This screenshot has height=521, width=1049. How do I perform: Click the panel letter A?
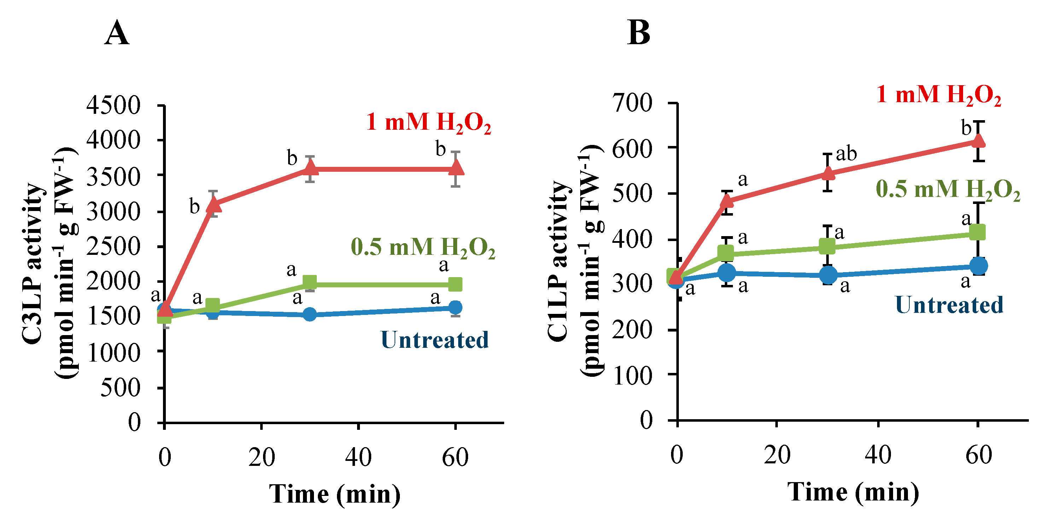117,33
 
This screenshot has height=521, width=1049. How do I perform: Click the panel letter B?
639,33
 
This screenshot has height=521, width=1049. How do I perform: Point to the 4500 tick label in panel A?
113,105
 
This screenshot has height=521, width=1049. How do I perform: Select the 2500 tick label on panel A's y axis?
113,246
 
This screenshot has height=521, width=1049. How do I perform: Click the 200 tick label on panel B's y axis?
633,330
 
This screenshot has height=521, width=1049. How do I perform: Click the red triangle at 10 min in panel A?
214,204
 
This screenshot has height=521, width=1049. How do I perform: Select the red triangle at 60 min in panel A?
456,167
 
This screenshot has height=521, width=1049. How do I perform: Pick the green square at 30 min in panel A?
310,282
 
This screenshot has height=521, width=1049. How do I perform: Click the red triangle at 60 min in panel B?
978,140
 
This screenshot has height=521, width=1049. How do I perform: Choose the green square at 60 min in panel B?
978,233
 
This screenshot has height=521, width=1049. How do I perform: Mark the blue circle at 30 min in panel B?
828,275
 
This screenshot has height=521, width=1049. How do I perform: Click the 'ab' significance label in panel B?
846,154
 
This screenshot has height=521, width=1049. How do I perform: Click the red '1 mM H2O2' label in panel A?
429,122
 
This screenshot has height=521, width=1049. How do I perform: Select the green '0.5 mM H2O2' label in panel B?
948,189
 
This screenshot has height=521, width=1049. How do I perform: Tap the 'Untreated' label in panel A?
435,340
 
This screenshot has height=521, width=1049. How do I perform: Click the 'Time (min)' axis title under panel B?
853,492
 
